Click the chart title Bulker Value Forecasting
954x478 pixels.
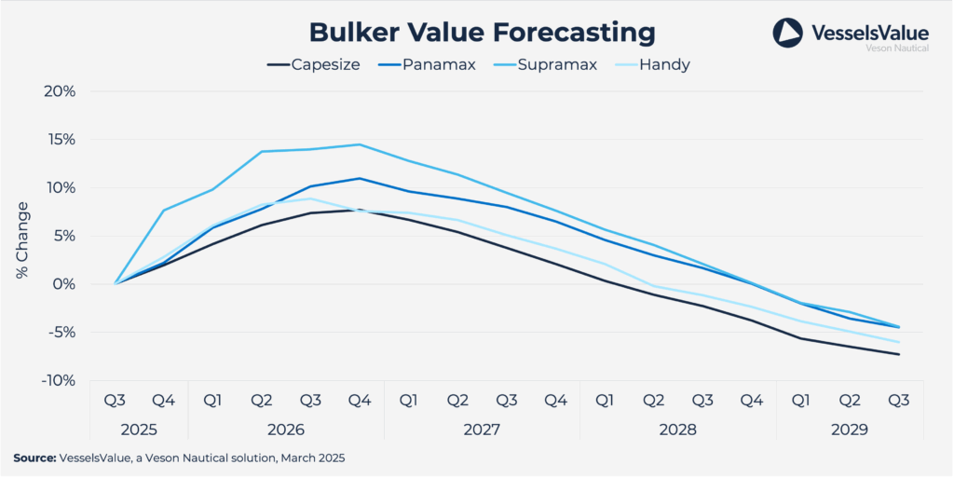point(482,32)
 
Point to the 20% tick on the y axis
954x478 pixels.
point(59,91)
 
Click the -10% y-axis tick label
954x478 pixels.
point(57,380)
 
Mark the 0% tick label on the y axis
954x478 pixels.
point(61,284)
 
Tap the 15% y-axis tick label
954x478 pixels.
point(59,140)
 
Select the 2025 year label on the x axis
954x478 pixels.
point(139,430)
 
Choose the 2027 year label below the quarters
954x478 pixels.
point(482,430)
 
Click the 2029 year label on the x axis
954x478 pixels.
point(850,430)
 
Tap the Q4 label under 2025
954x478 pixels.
point(164,401)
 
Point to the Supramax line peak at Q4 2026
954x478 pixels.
point(360,144)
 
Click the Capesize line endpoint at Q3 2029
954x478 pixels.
point(899,354)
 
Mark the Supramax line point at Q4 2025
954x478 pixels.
point(164,211)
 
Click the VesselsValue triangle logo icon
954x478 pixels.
point(787,34)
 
